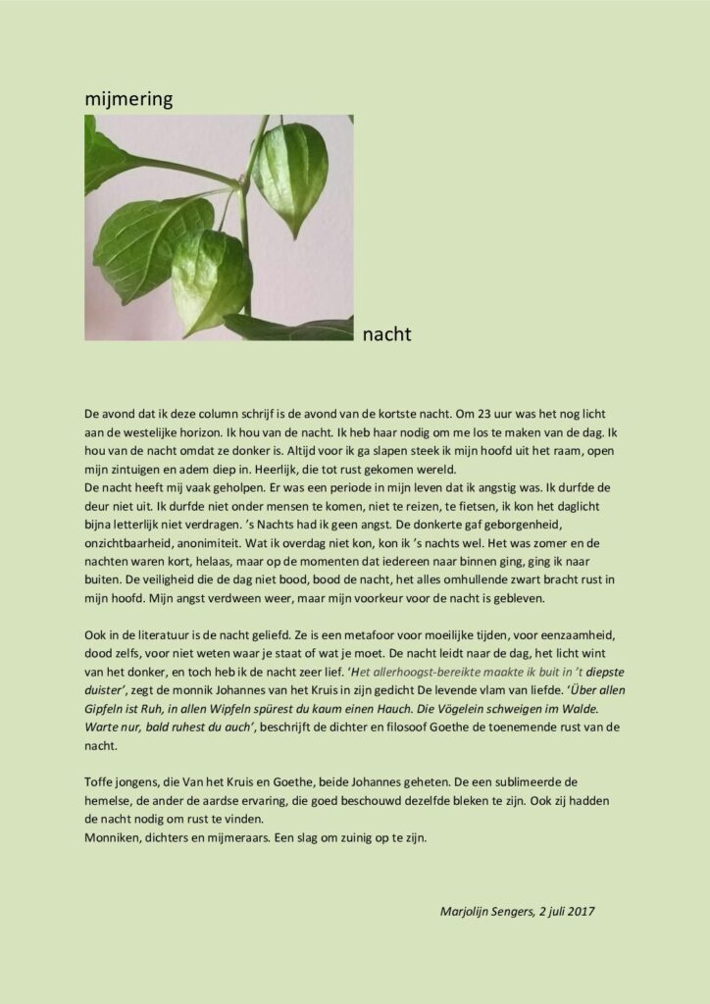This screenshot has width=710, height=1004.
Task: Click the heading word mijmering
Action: [127, 98]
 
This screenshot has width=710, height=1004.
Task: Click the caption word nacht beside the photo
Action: [386, 335]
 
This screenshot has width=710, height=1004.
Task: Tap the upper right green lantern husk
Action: [290, 176]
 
